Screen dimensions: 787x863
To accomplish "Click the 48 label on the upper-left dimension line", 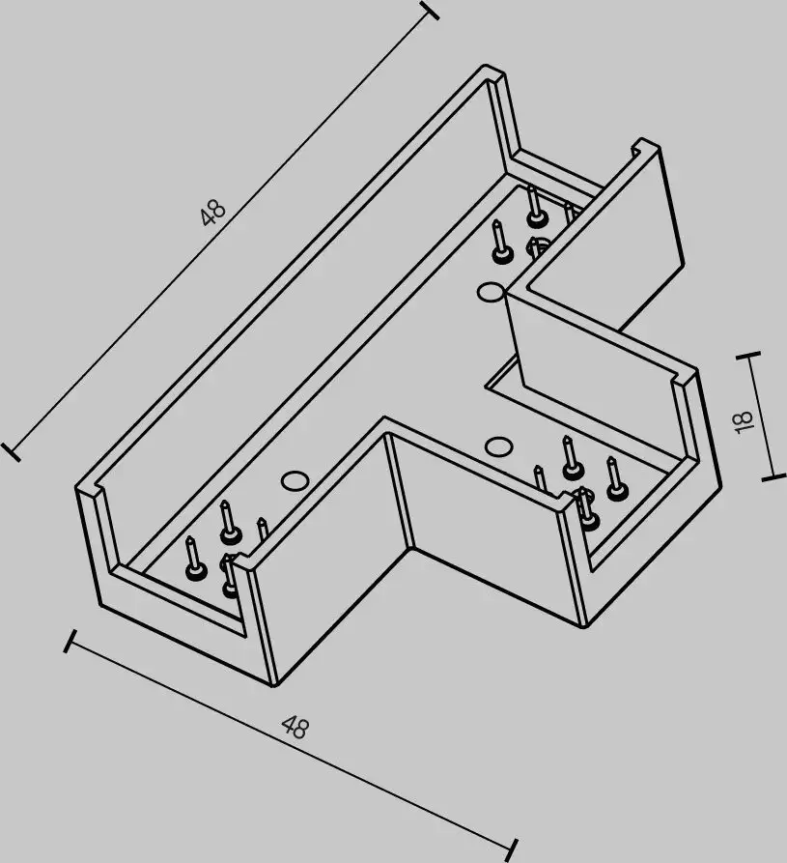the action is pos(212,212).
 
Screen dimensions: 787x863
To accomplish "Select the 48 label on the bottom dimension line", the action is pos(295,727).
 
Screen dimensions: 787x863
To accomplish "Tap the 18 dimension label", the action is pos(744,421).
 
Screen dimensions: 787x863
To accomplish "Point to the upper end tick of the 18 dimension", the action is pos(748,355).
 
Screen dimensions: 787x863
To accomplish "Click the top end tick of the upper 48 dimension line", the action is pos(429,11).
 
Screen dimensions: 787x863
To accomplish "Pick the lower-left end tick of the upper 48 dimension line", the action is pos(11,451).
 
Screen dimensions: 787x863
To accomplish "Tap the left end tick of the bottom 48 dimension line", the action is pos(70,641).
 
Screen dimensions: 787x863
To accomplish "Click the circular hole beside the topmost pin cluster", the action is pos(490,293).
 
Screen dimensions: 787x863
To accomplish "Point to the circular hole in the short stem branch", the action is pos(498,446).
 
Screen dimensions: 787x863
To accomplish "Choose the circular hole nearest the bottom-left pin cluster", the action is pos(295,481).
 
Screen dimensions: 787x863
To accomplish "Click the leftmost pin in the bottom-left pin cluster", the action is pos(194,559).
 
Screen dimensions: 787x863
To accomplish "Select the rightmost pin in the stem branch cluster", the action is pos(616,477).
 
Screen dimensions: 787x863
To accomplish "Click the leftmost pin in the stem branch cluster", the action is pos(541,477).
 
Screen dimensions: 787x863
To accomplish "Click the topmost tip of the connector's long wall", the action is pos(485,66).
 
